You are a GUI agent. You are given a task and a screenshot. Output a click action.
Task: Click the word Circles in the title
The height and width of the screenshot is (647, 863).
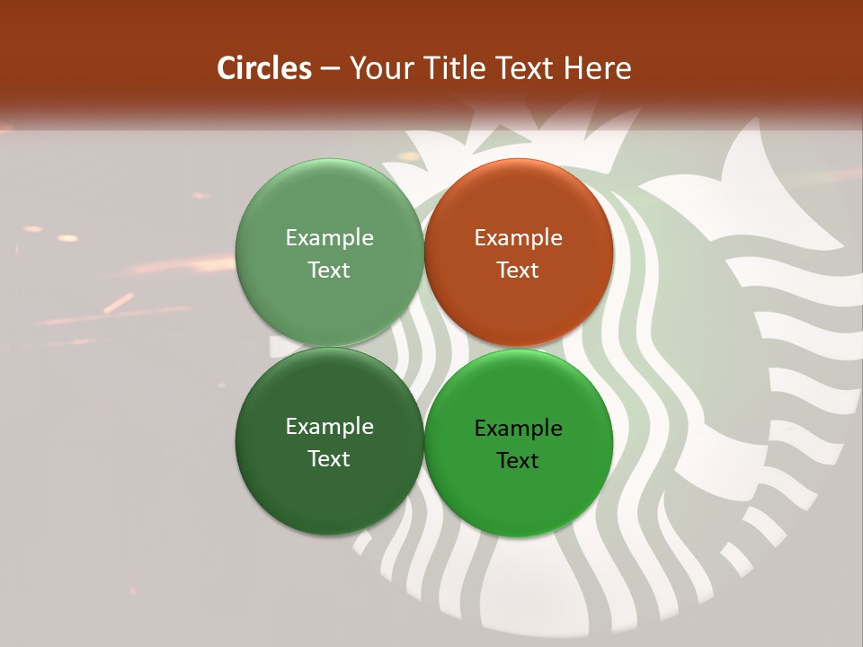[x=264, y=68]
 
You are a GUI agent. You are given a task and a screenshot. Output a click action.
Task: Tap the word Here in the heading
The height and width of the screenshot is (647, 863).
[x=597, y=68]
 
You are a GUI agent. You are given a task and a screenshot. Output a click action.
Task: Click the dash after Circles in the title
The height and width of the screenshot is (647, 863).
[x=330, y=69]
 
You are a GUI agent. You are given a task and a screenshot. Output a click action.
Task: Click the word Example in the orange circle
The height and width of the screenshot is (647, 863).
[x=519, y=238]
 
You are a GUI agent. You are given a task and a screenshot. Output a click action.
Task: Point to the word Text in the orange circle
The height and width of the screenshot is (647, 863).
[x=519, y=270]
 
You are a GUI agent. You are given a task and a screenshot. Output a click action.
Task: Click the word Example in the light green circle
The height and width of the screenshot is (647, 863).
[x=329, y=238]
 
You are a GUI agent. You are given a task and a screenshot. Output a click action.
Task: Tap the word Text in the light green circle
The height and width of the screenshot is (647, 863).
[x=329, y=270]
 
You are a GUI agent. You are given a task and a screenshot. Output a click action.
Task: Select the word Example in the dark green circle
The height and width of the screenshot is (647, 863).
[x=329, y=427]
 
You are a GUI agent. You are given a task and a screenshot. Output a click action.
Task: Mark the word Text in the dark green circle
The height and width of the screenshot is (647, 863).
[x=329, y=459]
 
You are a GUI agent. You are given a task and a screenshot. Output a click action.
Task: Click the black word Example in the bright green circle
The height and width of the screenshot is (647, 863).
[x=519, y=429]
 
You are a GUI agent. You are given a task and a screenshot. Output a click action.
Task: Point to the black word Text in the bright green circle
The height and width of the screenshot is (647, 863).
[x=519, y=461]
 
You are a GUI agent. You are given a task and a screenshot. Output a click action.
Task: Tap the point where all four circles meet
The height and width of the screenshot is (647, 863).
[x=424, y=347]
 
